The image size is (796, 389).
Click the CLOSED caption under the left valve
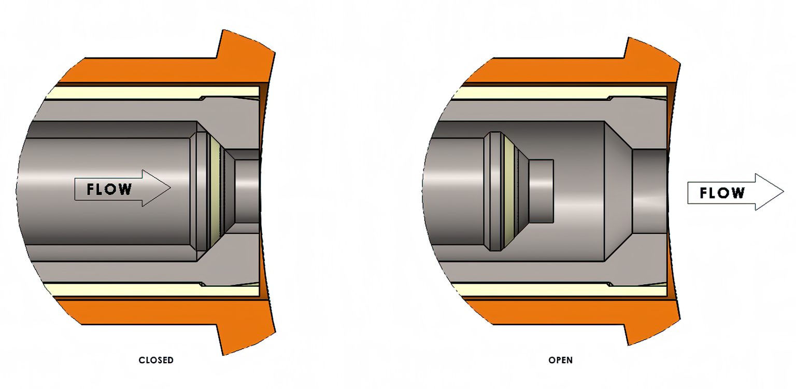click(x=156, y=360)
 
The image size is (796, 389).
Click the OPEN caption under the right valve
click(x=561, y=360)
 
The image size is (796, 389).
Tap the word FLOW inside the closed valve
click(x=109, y=189)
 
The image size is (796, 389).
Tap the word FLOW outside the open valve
click(x=722, y=193)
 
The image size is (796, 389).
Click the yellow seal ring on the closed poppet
click(x=215, y=189)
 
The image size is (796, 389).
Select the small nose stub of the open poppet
click(x=542, y=191)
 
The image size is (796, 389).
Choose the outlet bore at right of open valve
click(x=649, y=191)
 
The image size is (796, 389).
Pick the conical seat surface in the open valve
click(x=618, y=191)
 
